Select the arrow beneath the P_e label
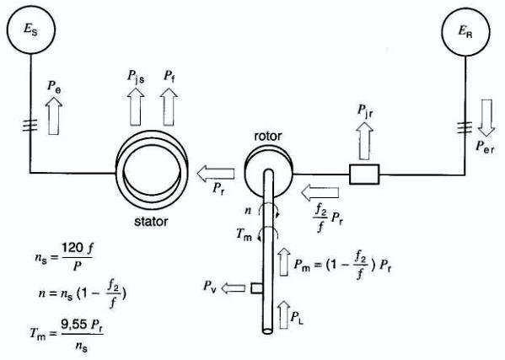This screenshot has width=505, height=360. pyautogui.click(x=54, y=116)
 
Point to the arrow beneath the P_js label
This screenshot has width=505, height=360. pyautogui.click(x=135, y=106)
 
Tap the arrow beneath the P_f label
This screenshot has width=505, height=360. pyautogui.click(x=169, y=106)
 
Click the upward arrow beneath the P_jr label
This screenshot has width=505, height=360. pyautogui.click(x=364, y=141)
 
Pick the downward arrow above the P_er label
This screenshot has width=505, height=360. pyautogui.click(x=486, y=118)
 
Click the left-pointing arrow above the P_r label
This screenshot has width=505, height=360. pyautogui.click(x=216, y=174)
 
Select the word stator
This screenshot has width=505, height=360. pyautogui.click(x=151, y=222)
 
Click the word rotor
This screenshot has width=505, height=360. pyautogui.click(x=268, y=137)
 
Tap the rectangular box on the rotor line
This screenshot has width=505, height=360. pyautogui.click(x=364, y=175)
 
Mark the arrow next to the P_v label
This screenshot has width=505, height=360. pyautogui.click(x=234, y=287)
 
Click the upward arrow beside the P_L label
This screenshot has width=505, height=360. pyautogui.click(x=284, y=315)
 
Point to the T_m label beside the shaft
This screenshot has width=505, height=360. pyautogui.click(x=244, y=234)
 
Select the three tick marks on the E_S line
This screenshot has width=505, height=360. pyautogui.click(x=30, y=125)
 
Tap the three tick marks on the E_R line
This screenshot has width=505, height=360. pyautogui.click(x=465, y=127)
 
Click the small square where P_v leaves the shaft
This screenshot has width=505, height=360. pyautogui.click(x=256, y=287)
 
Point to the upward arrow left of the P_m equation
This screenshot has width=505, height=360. pyautogui.click(x=284, y=262)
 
